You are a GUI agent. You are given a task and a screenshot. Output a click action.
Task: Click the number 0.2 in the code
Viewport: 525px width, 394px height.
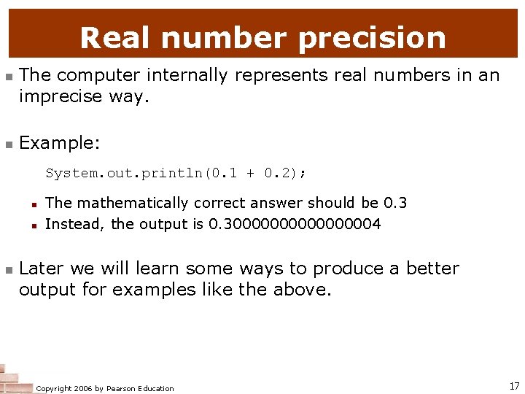click(x=280, y=173)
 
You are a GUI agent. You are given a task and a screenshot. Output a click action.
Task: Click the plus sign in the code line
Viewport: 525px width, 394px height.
click(x=251, y=173)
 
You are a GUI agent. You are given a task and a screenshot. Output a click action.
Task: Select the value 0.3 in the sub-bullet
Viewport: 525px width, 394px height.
click(x=395, y=203)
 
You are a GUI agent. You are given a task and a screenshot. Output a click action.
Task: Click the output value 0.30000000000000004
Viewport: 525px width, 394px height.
click(x=295, y=224)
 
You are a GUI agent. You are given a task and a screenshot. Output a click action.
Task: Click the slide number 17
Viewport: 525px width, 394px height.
click(x=514, y=385)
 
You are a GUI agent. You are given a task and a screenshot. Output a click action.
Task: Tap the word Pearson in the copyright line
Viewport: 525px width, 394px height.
click(x=122, y=388)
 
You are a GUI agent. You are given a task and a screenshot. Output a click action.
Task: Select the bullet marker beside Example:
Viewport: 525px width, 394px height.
click(x=8, y=144)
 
